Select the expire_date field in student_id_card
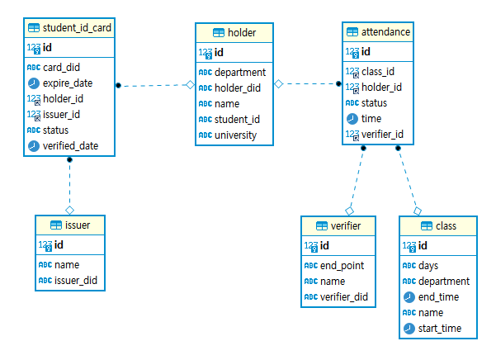click(67, 83)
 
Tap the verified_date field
click(70, 145)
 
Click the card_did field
click(61, 67)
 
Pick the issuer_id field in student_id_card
click(61, 114)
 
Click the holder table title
click(241, 33)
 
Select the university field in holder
click(235, 135)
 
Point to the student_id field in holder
click(237, 119)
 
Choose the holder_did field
click(238, 88)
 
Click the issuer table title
click(77, 225)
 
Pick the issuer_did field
click(76, 281)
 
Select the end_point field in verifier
click(342, 265)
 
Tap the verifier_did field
click(344, 296)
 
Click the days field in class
click(428, 265)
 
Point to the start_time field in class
click(440, 328)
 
